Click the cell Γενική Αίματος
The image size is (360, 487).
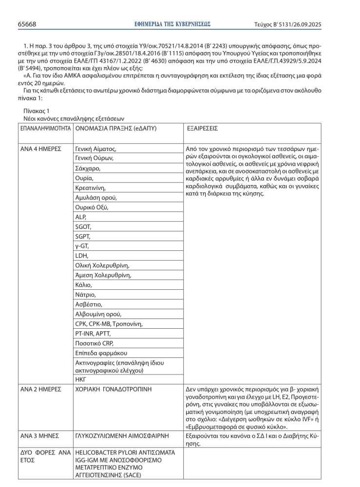(95, 149)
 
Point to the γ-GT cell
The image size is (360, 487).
(82, 246)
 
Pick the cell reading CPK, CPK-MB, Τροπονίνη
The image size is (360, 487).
(109, 324)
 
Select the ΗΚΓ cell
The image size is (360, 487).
(80, 378)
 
